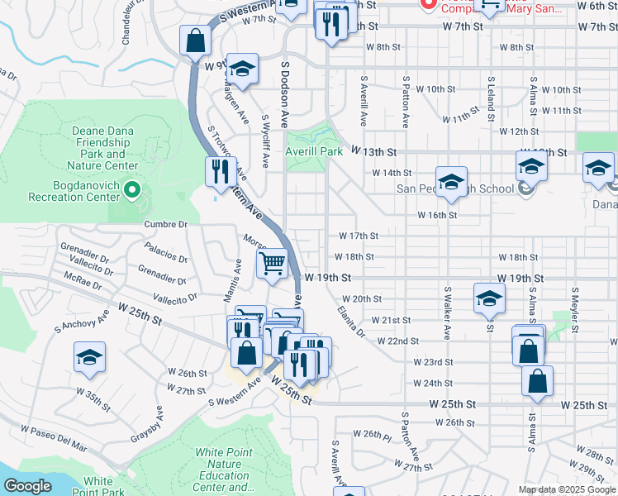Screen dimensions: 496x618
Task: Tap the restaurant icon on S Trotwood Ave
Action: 220,172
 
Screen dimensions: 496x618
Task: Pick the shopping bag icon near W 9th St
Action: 195,40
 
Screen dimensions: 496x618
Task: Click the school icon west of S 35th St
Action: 89,357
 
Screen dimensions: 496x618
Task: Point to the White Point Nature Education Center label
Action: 223,470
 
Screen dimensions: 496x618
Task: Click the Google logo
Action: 27,486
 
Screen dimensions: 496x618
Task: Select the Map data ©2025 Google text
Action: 566,489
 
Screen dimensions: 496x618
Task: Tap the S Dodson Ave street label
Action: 285,93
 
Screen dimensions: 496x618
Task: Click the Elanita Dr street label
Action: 351,322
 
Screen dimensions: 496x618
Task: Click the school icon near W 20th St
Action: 489,298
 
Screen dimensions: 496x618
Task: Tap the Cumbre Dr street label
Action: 166,224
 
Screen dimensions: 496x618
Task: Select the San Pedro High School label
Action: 456,188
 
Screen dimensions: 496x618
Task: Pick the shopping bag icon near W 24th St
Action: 537,381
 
